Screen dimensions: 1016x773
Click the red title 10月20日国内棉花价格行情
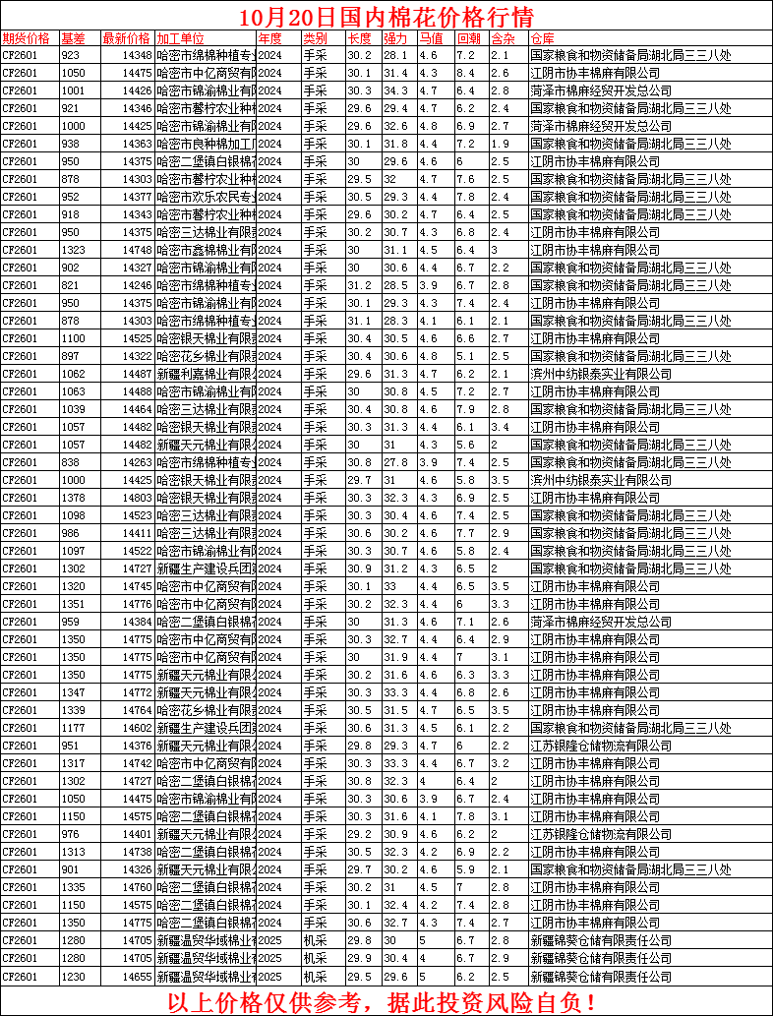click(386, 17)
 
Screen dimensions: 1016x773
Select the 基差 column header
click(73, 38)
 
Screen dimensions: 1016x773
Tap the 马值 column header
click(430, 38)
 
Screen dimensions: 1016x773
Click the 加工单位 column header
click(181, 38)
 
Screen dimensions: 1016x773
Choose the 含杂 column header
click(502, 38)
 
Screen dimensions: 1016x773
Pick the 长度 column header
click(359, 38)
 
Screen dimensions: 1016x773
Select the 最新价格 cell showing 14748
click(137, 250)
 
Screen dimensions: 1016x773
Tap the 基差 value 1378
click(73, 498)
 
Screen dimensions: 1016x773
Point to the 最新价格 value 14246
click(137, 285)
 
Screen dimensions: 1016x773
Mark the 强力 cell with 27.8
click(394, 462)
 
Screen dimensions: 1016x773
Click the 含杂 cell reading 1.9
click(499, 144)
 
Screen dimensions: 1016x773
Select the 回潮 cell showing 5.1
click(465, 356)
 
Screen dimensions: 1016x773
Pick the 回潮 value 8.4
click(465, 73)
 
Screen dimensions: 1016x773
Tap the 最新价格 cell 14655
click(137, 976)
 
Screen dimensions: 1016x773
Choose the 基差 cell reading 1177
click(73, 728)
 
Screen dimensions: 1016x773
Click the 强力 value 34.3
click(394, 90)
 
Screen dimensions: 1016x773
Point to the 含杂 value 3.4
click(499, 427)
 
